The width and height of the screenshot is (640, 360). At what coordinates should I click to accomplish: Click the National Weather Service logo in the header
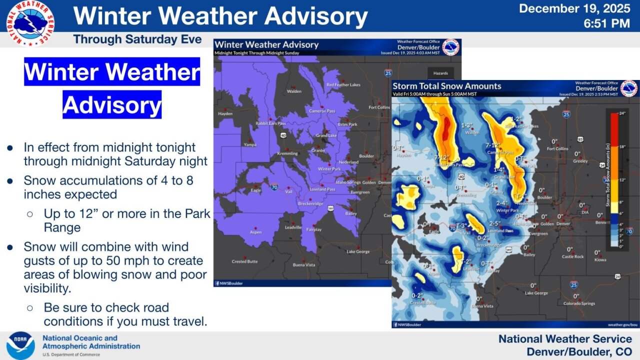point(30,23)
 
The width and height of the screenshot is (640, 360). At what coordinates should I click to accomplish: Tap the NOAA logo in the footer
point(20,345)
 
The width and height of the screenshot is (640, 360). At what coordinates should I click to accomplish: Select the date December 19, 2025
point(574,8)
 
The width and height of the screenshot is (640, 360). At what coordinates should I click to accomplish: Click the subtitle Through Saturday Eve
point(137,39)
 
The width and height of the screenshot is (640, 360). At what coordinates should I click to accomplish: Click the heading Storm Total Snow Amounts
point(446,86)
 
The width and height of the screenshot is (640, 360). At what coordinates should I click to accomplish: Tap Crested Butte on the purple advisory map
point(244,261)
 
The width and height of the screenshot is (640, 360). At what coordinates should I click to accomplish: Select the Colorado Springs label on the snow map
point(579,303)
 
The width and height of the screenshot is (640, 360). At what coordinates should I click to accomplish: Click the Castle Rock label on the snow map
point(572,256)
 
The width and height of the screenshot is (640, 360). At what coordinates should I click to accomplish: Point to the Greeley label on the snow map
point(580,161)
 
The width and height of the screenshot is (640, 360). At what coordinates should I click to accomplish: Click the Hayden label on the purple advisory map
point(225,114)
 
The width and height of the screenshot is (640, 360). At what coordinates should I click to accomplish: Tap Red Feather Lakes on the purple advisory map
point(343,85)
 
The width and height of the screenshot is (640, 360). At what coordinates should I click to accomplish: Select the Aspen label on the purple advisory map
point(256,232)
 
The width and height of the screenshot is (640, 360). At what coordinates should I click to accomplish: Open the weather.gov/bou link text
point(622,324)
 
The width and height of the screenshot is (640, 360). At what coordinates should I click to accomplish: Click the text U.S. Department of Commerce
point(71,354)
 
